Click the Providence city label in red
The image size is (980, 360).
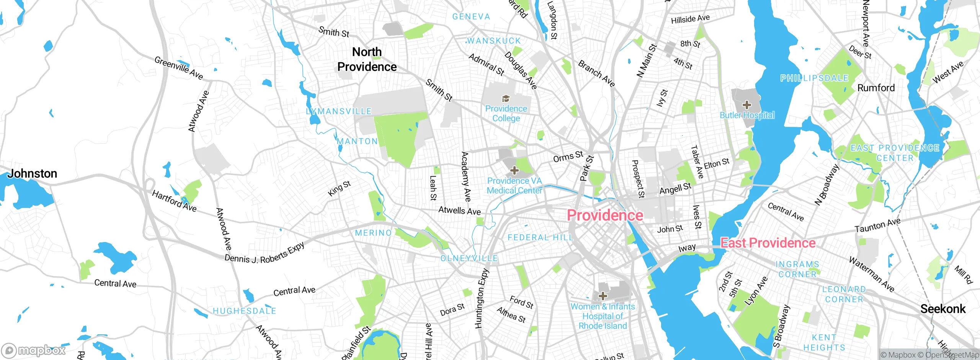605,215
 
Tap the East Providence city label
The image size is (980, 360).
768,243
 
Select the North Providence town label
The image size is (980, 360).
367,59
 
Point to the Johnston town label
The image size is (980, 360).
32,173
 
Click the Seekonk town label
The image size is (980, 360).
943,309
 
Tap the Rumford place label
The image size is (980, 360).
876,88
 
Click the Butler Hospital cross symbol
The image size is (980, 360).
746,105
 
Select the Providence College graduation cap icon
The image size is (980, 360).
506,99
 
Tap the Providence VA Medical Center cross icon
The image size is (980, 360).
514,170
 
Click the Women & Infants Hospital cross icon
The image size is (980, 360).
603,296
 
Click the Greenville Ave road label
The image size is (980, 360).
179,68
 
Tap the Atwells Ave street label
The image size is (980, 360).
459,210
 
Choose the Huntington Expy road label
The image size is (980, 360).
482,299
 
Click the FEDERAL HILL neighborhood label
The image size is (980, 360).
541,237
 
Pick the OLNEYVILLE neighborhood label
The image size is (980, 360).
469,258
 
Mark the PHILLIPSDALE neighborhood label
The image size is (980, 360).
814,78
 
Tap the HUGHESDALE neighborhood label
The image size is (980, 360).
244,311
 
